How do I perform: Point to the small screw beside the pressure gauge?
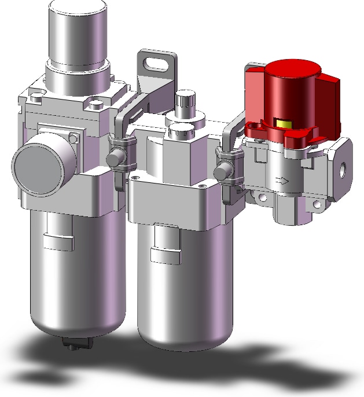pos(72,138)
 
